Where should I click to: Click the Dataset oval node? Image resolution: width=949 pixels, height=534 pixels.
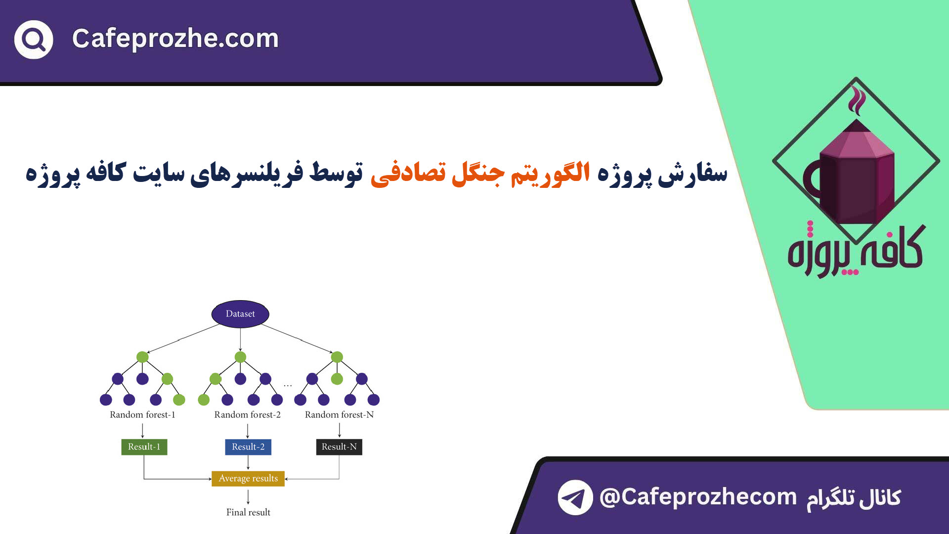[x=240, y=314]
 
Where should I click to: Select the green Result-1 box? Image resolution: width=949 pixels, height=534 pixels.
[x=144, y=447]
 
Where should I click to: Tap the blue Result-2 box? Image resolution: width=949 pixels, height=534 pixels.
[x=248, y=447]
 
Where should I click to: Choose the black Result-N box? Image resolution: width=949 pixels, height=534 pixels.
[x=339, y=447]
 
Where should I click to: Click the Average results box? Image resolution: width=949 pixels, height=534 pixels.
[x=248, y=479]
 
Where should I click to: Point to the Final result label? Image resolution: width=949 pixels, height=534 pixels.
[x=248, y=513]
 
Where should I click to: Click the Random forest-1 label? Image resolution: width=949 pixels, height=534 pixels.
[x=142, y=415]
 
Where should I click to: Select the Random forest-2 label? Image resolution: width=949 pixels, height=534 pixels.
[x=247, y=415]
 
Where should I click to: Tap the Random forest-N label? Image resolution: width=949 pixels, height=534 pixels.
[x=339, y=415]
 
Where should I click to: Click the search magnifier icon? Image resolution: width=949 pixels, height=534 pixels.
[x=34, y=40]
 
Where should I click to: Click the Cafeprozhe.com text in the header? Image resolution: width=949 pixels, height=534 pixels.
[x=175, y=39]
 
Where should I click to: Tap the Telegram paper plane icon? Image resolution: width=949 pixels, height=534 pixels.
[x=575, y=497]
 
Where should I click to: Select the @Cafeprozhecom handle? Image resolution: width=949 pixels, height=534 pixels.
[x=698, y=497]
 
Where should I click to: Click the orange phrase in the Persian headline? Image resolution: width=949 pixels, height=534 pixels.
[x=480, y=173]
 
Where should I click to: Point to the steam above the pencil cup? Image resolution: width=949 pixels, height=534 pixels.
[x=857, y=100]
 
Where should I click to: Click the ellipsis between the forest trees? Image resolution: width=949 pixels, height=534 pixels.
[x=288, y=385]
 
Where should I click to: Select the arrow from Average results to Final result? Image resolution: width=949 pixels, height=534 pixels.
[x=248, y=496]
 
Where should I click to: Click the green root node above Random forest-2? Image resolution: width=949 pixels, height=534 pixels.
[x=240, y=357]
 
